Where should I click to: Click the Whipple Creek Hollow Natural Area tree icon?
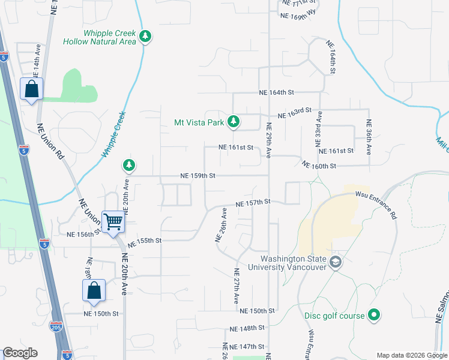coord(145,37)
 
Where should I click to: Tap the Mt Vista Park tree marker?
coord(234,122)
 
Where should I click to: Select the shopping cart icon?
coord(113,221)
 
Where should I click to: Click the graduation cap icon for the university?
coord(335,262)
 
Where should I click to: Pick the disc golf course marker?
coord(374,315)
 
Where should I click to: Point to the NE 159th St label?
coord(198,176)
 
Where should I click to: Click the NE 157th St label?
coord(254,203)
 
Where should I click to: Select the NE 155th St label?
coord(145,241)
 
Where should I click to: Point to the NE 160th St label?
coord(319,165)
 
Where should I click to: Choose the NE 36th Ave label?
coord(369,138)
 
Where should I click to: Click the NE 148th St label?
coord(247,328)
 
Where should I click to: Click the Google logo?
coord(20,353)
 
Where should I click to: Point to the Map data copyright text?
coord(412,355)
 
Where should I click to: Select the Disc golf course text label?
coord(336,316)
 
